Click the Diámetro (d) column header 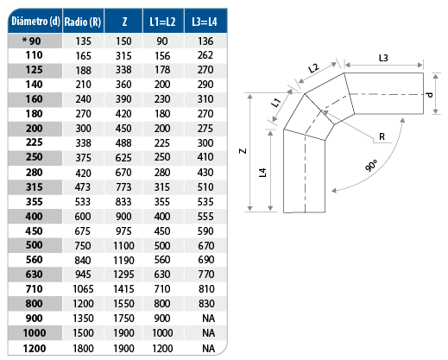point(35,22)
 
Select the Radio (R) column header point(83,22)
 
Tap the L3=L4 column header point(205,22)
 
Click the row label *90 point(32,41)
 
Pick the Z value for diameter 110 point(123,55)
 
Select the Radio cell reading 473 point(83,187)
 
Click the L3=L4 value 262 point(205,55)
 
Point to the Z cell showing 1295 point(123,275)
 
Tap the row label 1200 point(35,349)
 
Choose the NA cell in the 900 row point(209,319)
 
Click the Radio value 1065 point(83,289)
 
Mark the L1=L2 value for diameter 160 point(162,99)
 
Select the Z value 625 point(123,158)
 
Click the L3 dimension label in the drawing point(383,58)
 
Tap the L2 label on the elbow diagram point(313,68)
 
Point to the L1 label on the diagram point(275,103)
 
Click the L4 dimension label point(262,173)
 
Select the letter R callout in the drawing point(382,136)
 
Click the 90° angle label point(371,166)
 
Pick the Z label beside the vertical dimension point(243,151)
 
